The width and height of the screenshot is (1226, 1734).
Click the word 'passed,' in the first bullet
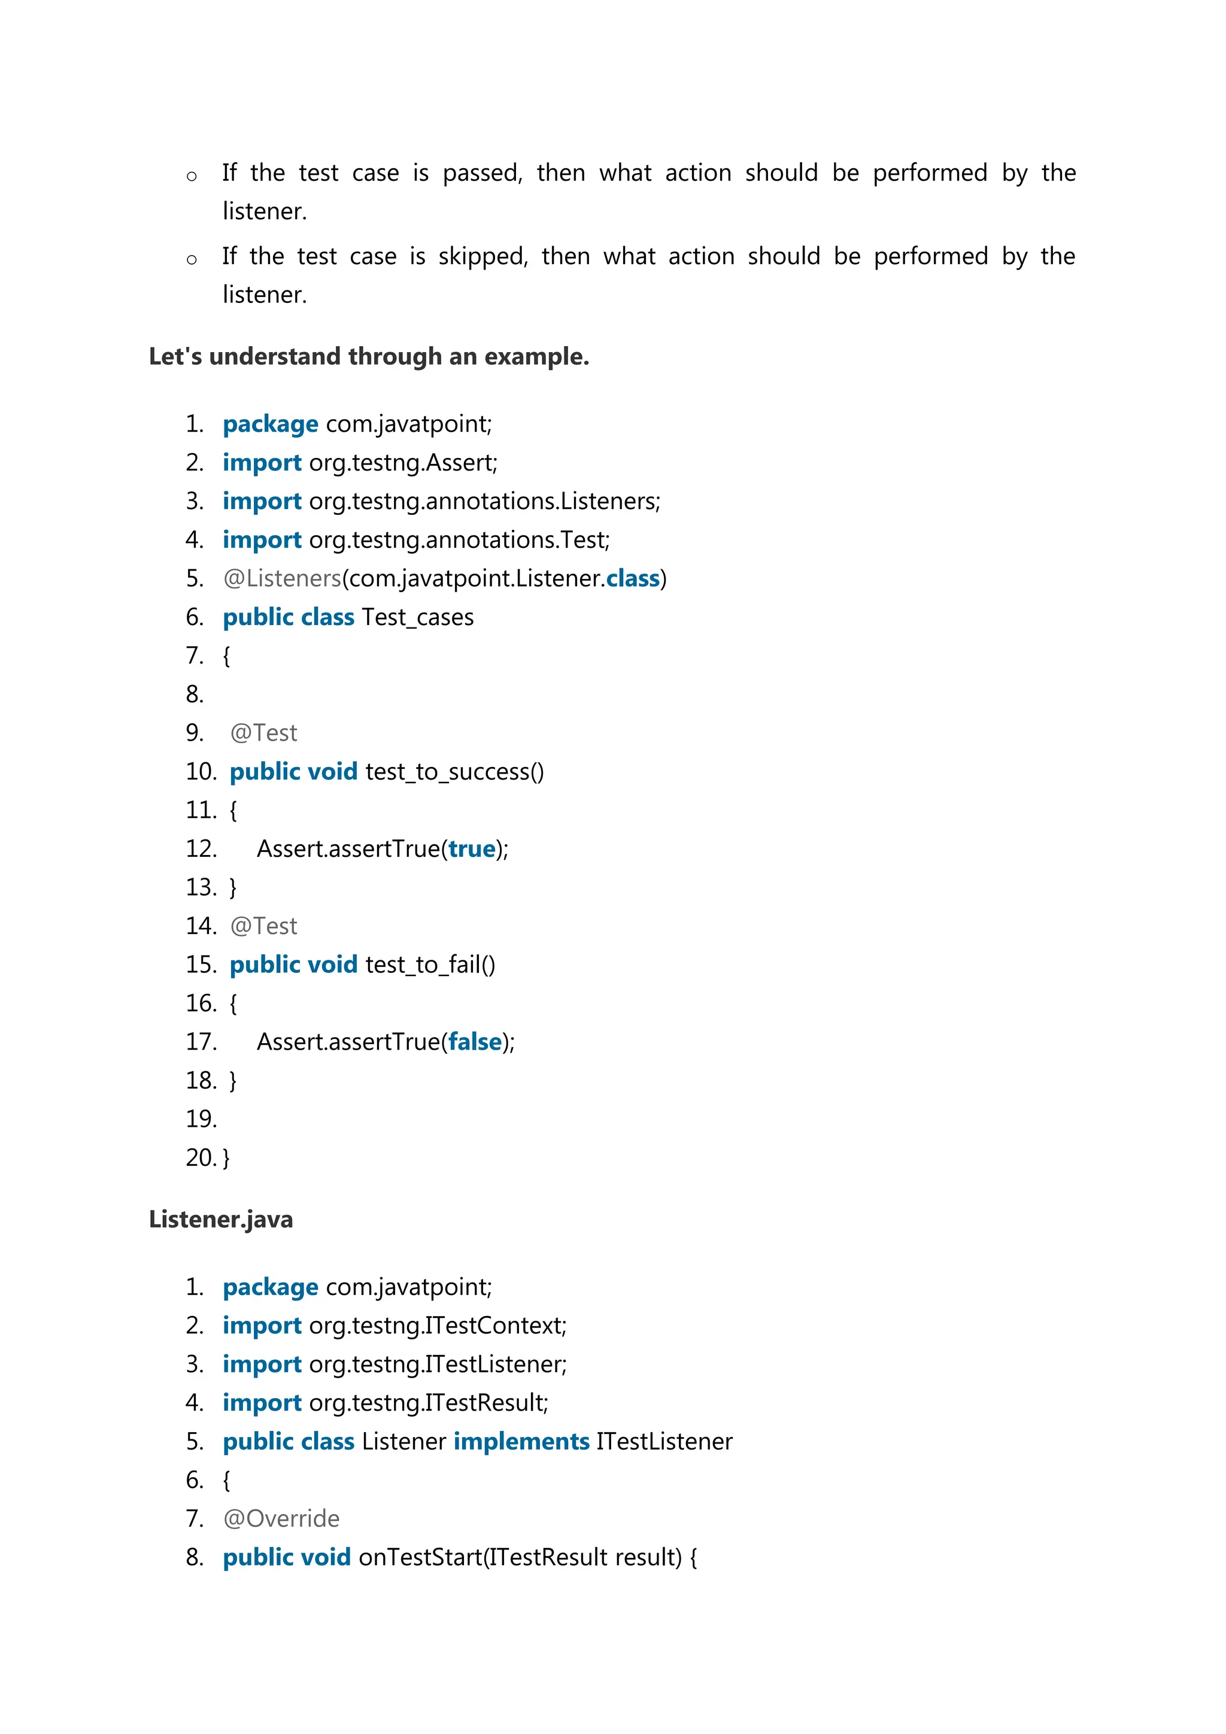pyautogui.click(x=482, y=174)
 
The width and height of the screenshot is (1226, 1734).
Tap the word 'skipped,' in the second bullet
pyautogui.click(x=482, y=257)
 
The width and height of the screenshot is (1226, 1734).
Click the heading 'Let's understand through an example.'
pyautogui.click(x=368, y=356)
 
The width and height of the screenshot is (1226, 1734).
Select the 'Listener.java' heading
pyautogui.click(x=220, y=1220)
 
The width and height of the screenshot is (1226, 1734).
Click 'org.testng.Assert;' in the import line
pyautogui.click(x=403, y=463)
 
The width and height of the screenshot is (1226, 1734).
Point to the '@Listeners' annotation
pyautogui.click(x=283, y=578)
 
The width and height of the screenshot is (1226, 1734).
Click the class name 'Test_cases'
pyautogui.click(x=417, y=618)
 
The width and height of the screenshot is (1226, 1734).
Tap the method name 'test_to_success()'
pyautogui.click(x=454, y=772)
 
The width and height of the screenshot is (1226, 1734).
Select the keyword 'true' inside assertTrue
pyautogui.click(x=472, y=849)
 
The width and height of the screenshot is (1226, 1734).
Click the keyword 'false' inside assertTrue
pyautogui.click(x=475, y=1042)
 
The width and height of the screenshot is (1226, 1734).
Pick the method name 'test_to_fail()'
pyautogui.click(x=430, y=965)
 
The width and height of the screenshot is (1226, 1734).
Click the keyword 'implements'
pyautogui.click(x=521, y=1442)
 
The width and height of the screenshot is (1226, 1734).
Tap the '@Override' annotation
pyautogui.click(x=281, y=1519)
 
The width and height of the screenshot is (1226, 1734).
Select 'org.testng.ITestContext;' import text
pyautogui.click(x=438, y=1326)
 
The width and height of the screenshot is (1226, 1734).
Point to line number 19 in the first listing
pyautogui.click(x=201, y=1119)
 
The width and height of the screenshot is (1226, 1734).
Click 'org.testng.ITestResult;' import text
pyautogui.click(x=429, y=1403)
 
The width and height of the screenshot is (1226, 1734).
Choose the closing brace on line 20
pyautogui.click(x=226, y=1159)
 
